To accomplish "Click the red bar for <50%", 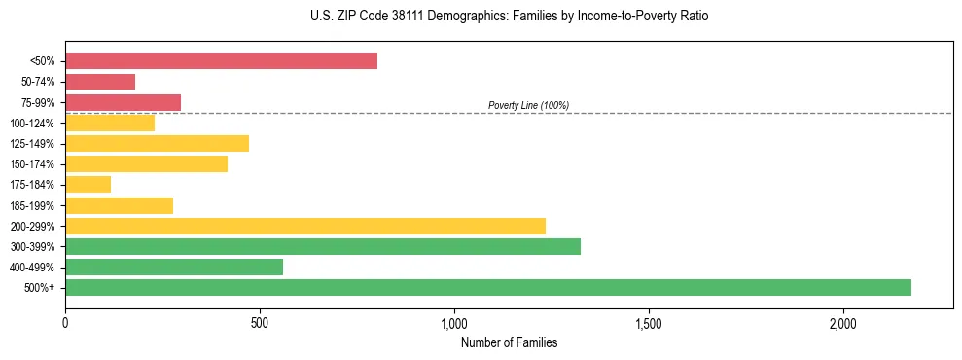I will [x=221, y=61].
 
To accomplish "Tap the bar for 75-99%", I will [x=123, y=102].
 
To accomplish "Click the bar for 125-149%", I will [x=157, y=144].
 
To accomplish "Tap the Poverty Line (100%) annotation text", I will [x=528, y=105].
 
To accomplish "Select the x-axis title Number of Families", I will [x=509, y=342].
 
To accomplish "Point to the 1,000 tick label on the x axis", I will [x=454, y=323].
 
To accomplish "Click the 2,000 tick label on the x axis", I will [x=843, y=323].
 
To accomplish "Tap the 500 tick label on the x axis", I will [x=260, y=323].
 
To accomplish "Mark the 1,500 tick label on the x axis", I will [x=649, y=323].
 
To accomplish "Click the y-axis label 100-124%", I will [x=32, y=124].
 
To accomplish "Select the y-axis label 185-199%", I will [x=32, y=205].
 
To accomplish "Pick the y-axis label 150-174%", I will [x=32, y=164].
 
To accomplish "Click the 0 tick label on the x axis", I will [x=65, y=323].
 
